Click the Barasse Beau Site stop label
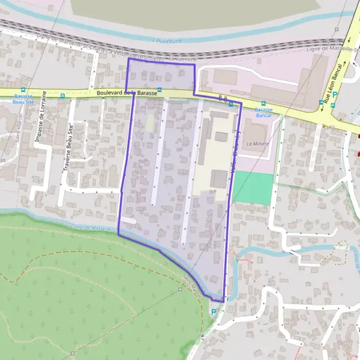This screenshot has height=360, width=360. click(x=23, y=100)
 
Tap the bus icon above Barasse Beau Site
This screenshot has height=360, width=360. click(x=23, y=89)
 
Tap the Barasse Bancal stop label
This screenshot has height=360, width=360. click(x=263, y=113)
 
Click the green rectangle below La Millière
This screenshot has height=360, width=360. click(x=253, y=186)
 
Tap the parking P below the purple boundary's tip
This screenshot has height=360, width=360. click(x=213, y=311)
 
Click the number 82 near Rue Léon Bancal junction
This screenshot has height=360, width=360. click(x=331, y=127)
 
